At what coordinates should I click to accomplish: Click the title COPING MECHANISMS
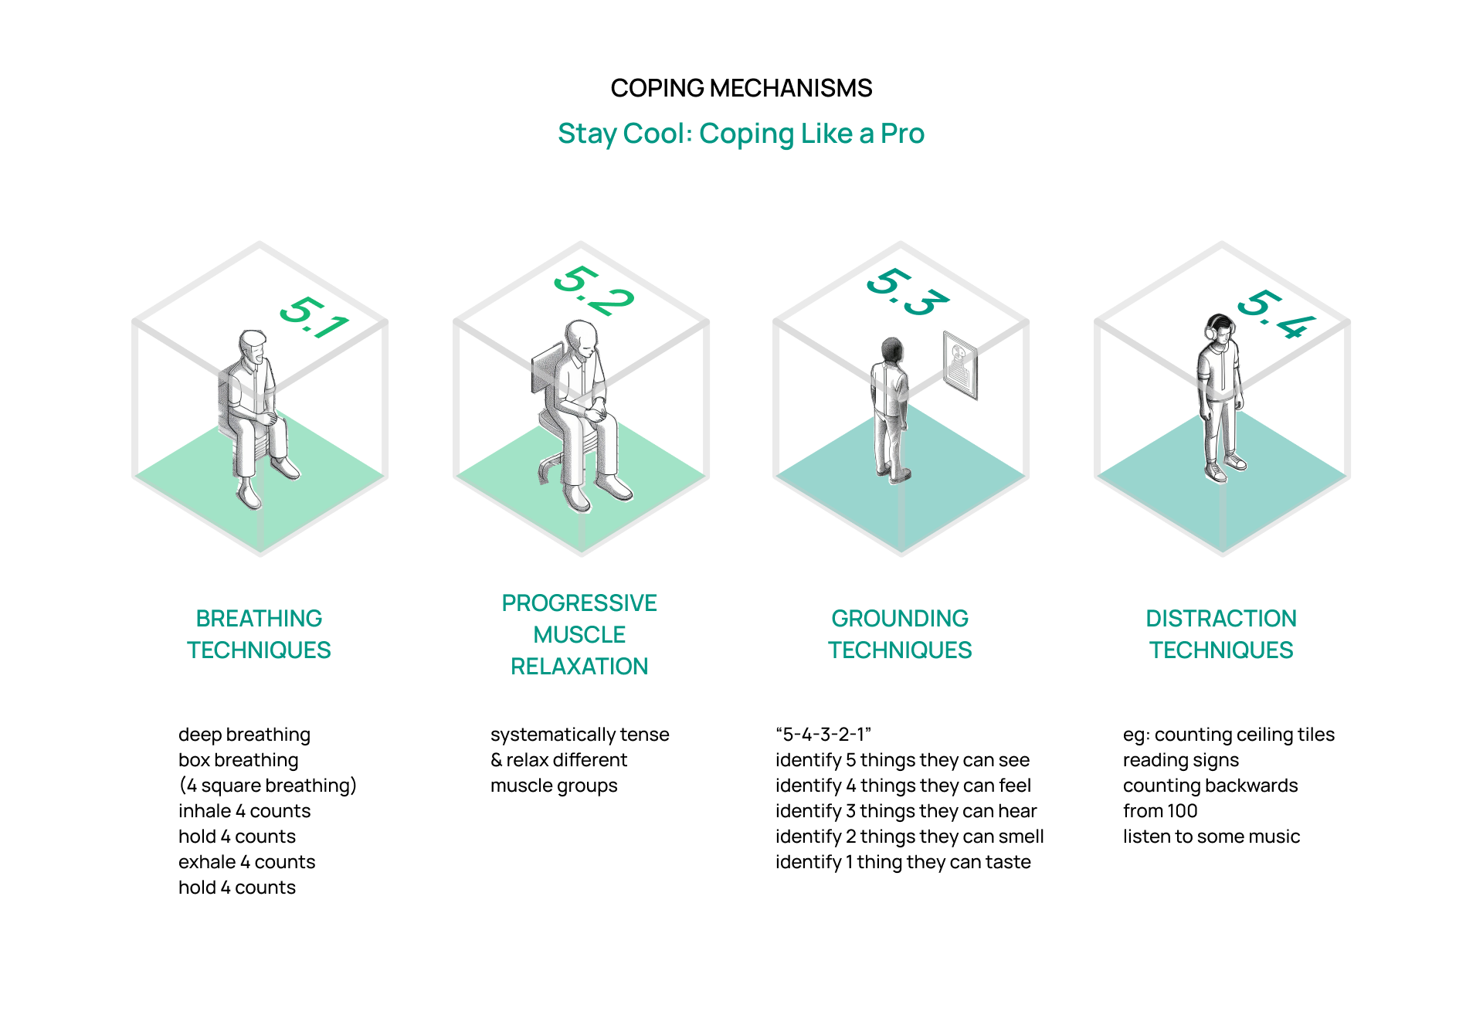point(741,88)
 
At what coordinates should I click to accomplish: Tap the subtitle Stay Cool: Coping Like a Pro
point(741,134)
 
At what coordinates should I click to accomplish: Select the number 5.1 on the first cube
point(314,317)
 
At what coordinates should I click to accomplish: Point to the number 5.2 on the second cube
point(593,290)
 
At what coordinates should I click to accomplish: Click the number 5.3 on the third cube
point(907,292)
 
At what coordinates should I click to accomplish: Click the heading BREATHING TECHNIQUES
point(259,634)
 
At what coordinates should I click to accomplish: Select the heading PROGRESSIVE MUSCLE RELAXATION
point(579,634)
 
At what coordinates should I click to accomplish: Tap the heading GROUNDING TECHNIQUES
point(900,634)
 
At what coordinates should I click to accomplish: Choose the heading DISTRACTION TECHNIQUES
point(1221,634)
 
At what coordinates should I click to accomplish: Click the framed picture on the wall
point(960,365)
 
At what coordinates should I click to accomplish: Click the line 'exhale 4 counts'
point(246,862)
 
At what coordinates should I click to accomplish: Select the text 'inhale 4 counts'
point(244,811)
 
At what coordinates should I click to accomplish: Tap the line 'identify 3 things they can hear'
point(906,811)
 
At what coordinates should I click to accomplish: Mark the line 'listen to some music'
point(1211,837)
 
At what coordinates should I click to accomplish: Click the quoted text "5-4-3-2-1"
point(823,734)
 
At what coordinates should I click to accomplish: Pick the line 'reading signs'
point(1180,760)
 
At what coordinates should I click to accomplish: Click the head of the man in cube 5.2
point(582,338)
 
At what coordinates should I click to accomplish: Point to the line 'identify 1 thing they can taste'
point(903,862)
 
